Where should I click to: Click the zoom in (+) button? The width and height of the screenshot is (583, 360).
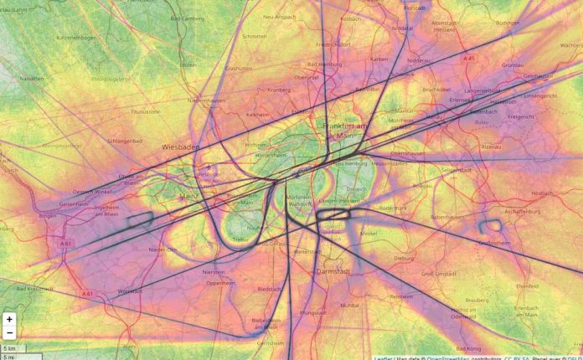coord(9,319)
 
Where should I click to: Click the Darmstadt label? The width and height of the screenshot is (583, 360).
coord(335,272)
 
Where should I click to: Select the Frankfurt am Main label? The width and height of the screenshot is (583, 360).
coord(345,131)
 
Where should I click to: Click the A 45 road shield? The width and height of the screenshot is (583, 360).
coord(469,59)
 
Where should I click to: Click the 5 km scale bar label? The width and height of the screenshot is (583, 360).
coord(9,347)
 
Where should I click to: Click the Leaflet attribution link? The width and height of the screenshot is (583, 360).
coord(386,357)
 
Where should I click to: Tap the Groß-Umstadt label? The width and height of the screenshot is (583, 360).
coord(439,273)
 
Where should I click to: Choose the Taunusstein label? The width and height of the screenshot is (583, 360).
coord(147,111)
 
